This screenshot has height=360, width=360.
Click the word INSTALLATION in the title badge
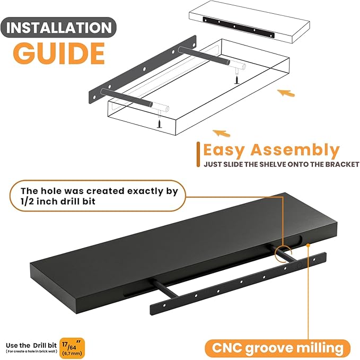[x=59, y=28]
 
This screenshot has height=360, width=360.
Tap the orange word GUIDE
[x=59, y=54]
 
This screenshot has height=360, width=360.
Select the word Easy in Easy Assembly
[x=224, y=151]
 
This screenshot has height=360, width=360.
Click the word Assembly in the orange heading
[x=295, y=151]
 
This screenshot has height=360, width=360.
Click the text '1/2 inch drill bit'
[x=58, y=201]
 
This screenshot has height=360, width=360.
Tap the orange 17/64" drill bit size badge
[x=72, y=348]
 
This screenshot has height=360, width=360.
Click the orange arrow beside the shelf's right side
[x=286, y=93]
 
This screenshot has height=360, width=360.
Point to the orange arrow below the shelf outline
[x=221, y=133]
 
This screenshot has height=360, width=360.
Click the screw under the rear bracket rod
[x=236, y=78]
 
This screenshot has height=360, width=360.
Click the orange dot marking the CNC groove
[x=308, y=245]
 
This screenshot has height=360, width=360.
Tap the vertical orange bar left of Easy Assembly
[x=198, y=154]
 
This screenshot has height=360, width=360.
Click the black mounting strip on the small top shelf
[x=239, y=28]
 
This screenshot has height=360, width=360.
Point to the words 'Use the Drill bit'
[x=31, y=345]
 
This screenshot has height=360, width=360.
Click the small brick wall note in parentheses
[x=31, y=352]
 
